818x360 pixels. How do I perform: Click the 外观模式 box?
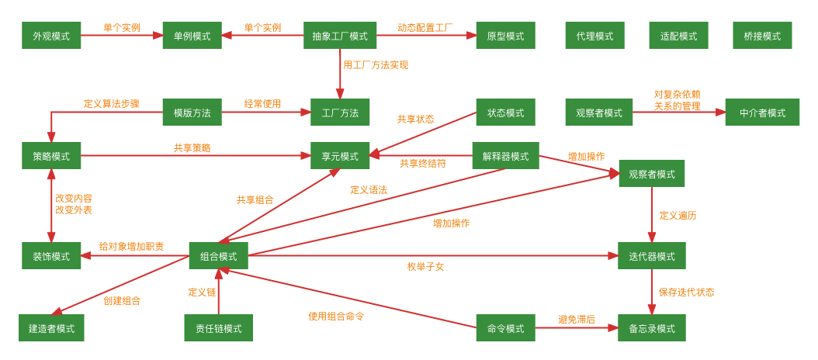[x=51, y=36]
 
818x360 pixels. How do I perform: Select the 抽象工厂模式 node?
[x=340, y=36]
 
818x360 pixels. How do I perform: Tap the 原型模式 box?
[x=505, y=36]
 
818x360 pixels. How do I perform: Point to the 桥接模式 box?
[x=762, y=36]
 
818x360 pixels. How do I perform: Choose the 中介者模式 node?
[x=762, y=112]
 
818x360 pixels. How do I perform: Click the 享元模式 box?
[x=340, y=156]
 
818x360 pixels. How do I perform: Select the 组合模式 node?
[x=218, y=256]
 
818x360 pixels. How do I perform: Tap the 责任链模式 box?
[x=218, y=328]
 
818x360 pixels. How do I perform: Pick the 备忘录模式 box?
[x=651, y=328]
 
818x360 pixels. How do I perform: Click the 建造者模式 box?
[x=51, y=328]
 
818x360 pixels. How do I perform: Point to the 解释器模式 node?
[x=505, y=156]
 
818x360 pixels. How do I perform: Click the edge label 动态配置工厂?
[x=425, y=27]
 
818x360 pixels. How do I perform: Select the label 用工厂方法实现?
[x=376, y=65]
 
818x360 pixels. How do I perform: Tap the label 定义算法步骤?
[x=112, y=103]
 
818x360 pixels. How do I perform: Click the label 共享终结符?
[x=423, y=164]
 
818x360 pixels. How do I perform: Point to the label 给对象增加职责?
[x=131, y=247]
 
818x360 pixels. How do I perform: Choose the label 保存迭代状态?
[x=686, y=292]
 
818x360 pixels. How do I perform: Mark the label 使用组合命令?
[x=336, y=316]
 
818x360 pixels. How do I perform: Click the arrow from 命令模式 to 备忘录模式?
[x=576, y=328]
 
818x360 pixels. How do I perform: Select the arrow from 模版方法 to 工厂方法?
[x=265, y=112]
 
